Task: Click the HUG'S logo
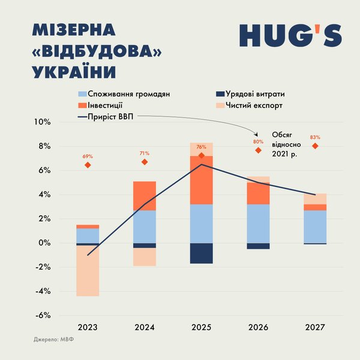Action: (290, 35)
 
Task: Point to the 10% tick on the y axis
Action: (43, 122)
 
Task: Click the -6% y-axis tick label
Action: (43, 316)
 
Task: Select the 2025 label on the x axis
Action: (202, 328)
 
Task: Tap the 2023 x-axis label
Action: (88, 328)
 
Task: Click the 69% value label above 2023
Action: (88, 156)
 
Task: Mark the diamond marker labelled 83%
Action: (315, 146)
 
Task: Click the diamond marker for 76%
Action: (202, 155)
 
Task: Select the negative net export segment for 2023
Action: (88, 271)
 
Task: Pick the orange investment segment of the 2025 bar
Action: (202, 180)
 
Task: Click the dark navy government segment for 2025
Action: (202, 253)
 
